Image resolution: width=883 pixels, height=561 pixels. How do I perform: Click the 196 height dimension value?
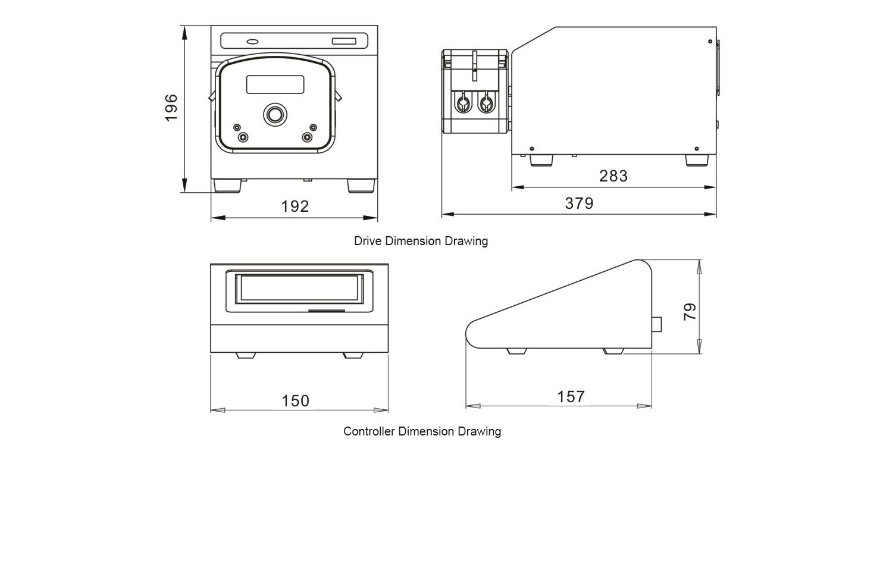(171, 108)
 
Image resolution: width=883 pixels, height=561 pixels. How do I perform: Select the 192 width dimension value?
(295, 206)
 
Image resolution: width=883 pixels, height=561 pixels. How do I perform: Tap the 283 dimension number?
(613, 176)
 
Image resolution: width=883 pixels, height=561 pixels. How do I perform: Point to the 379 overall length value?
(579, 203)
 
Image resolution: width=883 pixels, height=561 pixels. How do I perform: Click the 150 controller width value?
(295, 401)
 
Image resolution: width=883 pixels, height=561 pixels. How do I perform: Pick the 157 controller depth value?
(571, 397)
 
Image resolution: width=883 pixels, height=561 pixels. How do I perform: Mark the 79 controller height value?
(690, 311)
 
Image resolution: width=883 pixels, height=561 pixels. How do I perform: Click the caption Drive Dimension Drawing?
(421, 241)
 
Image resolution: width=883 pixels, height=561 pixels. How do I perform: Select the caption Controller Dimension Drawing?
(422, 431)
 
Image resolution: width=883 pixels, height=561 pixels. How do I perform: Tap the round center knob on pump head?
(275, 114)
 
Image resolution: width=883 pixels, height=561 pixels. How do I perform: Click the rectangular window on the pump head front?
(275, 84)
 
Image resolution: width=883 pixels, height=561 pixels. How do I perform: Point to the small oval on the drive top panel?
(252, 42)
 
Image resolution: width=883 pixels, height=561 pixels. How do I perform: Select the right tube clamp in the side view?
(487, 104)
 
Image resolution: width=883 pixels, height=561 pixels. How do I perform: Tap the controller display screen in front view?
(299, 289)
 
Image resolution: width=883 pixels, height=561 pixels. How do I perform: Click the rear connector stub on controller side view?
(657, 324)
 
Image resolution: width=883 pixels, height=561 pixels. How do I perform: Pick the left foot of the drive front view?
(227, 186)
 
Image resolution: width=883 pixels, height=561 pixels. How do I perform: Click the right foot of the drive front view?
(361, 186)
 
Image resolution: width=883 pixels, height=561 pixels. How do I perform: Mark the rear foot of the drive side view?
(697, 161)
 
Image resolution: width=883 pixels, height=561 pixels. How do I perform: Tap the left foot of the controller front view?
(246, 355)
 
